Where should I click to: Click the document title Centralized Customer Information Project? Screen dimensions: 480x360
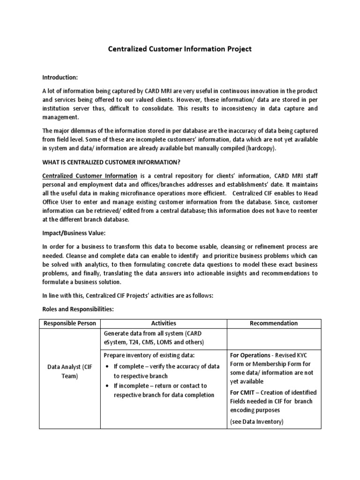pos(180,48)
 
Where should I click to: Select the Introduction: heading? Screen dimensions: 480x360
pos(60,77)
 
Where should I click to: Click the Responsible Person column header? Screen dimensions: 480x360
pos(69,323)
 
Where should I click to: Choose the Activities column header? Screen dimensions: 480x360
pos(163,323)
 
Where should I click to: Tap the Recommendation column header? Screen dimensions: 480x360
pos(274,323)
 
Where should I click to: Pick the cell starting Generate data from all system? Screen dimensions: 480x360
pos(155,337)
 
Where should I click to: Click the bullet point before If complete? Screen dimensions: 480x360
pos(109,366)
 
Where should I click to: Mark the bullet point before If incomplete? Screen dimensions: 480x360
pos(109,385)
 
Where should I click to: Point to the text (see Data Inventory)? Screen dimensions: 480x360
pos(256,421)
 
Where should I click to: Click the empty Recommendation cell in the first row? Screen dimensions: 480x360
pos(274,337)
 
